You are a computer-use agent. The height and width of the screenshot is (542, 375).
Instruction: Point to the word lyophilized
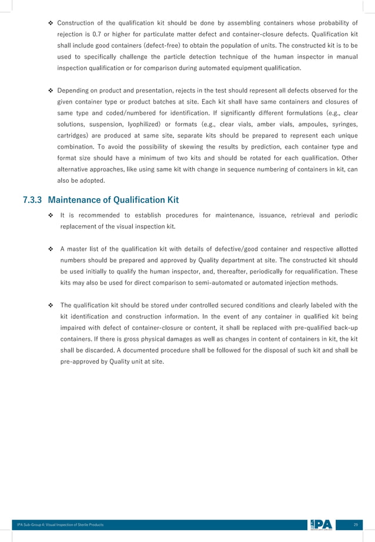pyautogui.click(x=159, y=128)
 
